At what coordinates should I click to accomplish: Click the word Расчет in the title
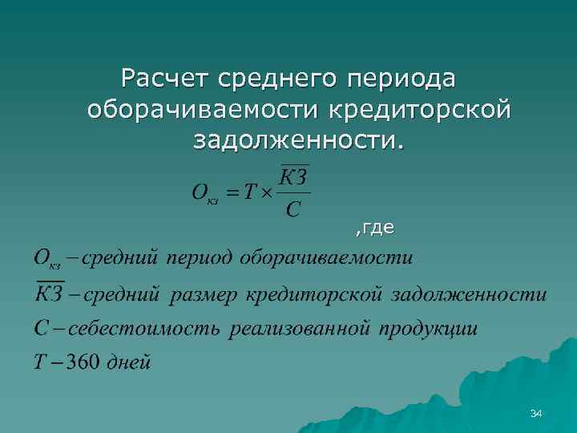163,79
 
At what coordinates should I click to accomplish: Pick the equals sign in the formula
232,192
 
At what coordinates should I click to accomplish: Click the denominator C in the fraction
293,210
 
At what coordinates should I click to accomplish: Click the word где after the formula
377,229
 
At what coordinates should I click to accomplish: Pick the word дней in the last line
127,361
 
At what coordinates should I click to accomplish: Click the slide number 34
536,413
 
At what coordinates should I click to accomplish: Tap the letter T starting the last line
38,361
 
